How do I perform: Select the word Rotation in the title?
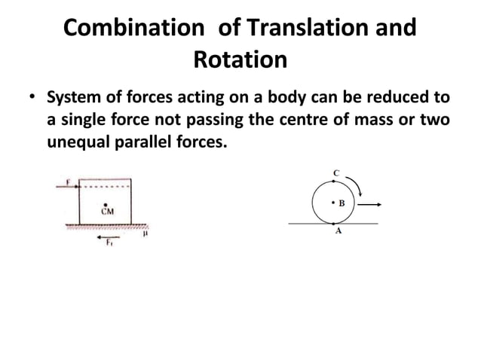pos(240,59)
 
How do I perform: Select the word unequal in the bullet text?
pos(78,142)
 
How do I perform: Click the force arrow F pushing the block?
pos(70,183)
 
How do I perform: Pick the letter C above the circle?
pos(335,173)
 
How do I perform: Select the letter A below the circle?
pos(338,232)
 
